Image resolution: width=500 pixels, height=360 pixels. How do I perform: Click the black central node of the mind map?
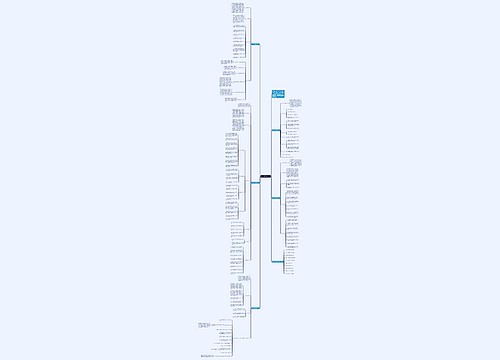pyautogui.click(x=266, y=177)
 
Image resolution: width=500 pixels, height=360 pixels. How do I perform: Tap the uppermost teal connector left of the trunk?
pyautogui.click(x=255, y=45)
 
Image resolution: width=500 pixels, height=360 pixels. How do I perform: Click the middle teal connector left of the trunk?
pyautogui.click(x=255, y=183)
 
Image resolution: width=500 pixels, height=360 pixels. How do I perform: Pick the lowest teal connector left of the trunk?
pyautogui.click(x=255, y=308)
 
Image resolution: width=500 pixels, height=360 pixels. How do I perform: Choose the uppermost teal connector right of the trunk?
pyautogui.click(x=276, y=130)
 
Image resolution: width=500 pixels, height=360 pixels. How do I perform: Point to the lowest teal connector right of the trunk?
pyautogui.click(x=276, y=260)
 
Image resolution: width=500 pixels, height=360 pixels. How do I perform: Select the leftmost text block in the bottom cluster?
pyautogui.click(x=206, y=325)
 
